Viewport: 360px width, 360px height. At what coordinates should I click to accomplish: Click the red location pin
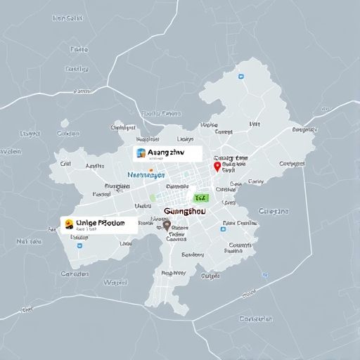[217, 167]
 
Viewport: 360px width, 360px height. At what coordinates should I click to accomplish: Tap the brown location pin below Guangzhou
[167, 226]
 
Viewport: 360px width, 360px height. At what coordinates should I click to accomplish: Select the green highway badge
[201, 199]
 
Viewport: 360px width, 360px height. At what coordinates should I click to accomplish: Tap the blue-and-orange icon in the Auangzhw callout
[141, 152]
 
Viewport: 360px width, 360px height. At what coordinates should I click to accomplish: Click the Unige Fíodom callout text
[101, 223]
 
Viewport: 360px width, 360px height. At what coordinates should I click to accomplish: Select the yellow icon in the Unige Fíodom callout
[69, 224]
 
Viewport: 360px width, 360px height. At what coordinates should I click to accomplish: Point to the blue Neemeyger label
[146, 174]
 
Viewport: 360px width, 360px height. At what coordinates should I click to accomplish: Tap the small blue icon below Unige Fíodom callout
[74, 237]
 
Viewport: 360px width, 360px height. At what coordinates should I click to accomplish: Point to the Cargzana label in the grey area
[274, 210]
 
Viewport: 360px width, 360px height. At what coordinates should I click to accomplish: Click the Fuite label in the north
[79, 50]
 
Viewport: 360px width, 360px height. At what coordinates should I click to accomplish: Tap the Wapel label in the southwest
[115, 282]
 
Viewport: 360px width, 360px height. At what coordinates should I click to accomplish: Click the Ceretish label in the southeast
[255, 319]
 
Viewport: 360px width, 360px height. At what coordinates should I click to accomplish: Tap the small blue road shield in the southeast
[264, 274]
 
